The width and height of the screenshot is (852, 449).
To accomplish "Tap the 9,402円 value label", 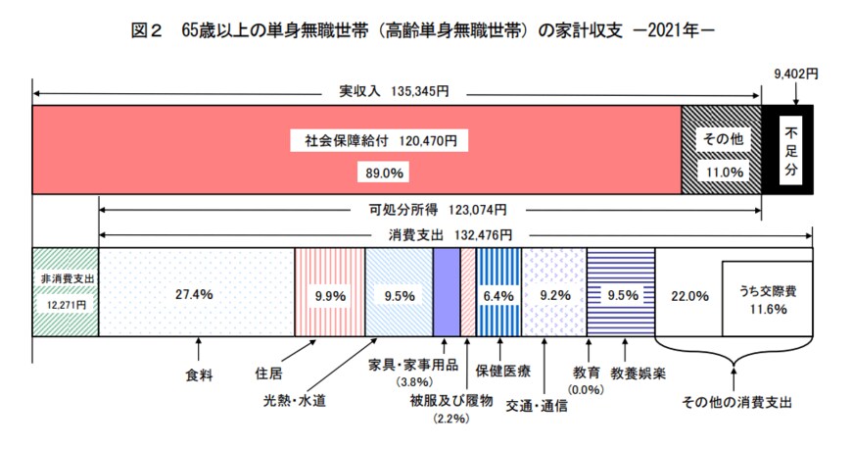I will pyautogui.click(x=795, y=74).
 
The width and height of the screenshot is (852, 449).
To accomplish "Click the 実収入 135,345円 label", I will pyautogui.click(x=394, y=92).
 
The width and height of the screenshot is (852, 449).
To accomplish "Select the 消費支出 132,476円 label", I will pyautogui.click(x=445, y=235).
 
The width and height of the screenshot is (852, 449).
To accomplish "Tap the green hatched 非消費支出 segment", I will pyautogui.click(x=66, y=291).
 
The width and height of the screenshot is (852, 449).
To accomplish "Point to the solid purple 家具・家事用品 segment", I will pyautogui.click(x=446, y=291).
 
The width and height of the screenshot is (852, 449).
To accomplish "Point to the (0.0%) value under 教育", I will pyautogui.click(x=589, y=390).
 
